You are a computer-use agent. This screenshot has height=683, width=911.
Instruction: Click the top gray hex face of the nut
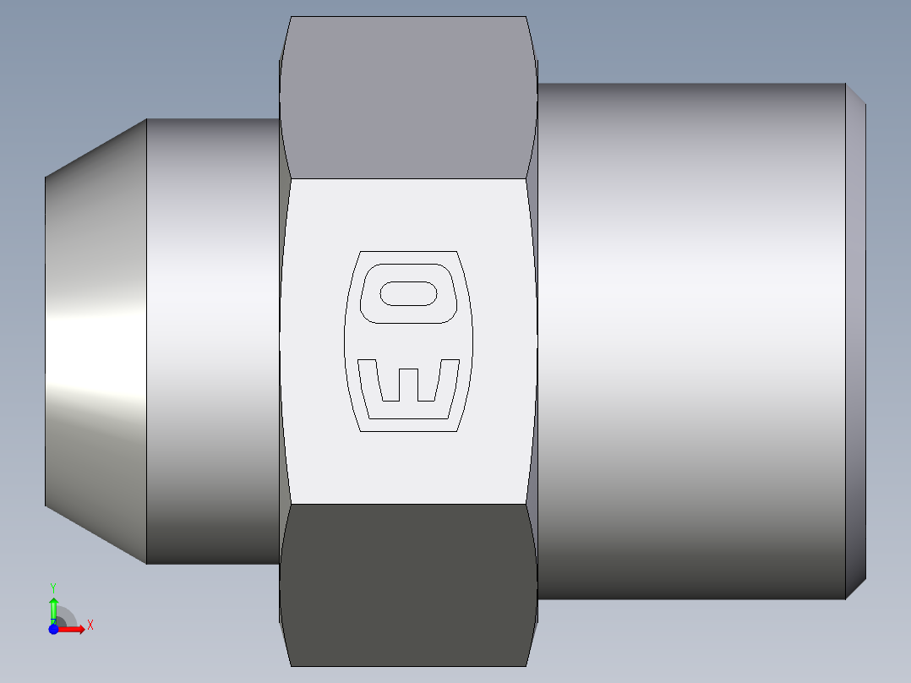(x=408, y=97)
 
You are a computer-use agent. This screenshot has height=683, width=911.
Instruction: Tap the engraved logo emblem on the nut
(x=408, y=341)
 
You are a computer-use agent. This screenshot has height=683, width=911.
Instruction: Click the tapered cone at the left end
(x=95, y=341)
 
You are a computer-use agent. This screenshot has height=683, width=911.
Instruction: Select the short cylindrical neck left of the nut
(x=213, y=341)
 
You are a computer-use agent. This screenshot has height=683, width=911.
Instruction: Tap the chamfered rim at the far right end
(x=856, y=341)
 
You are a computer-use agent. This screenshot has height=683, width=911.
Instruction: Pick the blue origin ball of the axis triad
(x=53, y=629)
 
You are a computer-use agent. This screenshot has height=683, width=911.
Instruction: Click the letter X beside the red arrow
(x=90, y=626)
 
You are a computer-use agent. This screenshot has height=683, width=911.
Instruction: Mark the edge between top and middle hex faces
(x=408, y=178)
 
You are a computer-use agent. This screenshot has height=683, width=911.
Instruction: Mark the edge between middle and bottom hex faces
(x=408, y=505)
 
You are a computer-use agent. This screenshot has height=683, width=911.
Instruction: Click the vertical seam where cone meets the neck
(x=147, y=341)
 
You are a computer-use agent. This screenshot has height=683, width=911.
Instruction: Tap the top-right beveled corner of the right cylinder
(x=855, y=93)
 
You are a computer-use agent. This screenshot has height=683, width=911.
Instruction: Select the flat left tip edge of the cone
(x=46, y=341)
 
